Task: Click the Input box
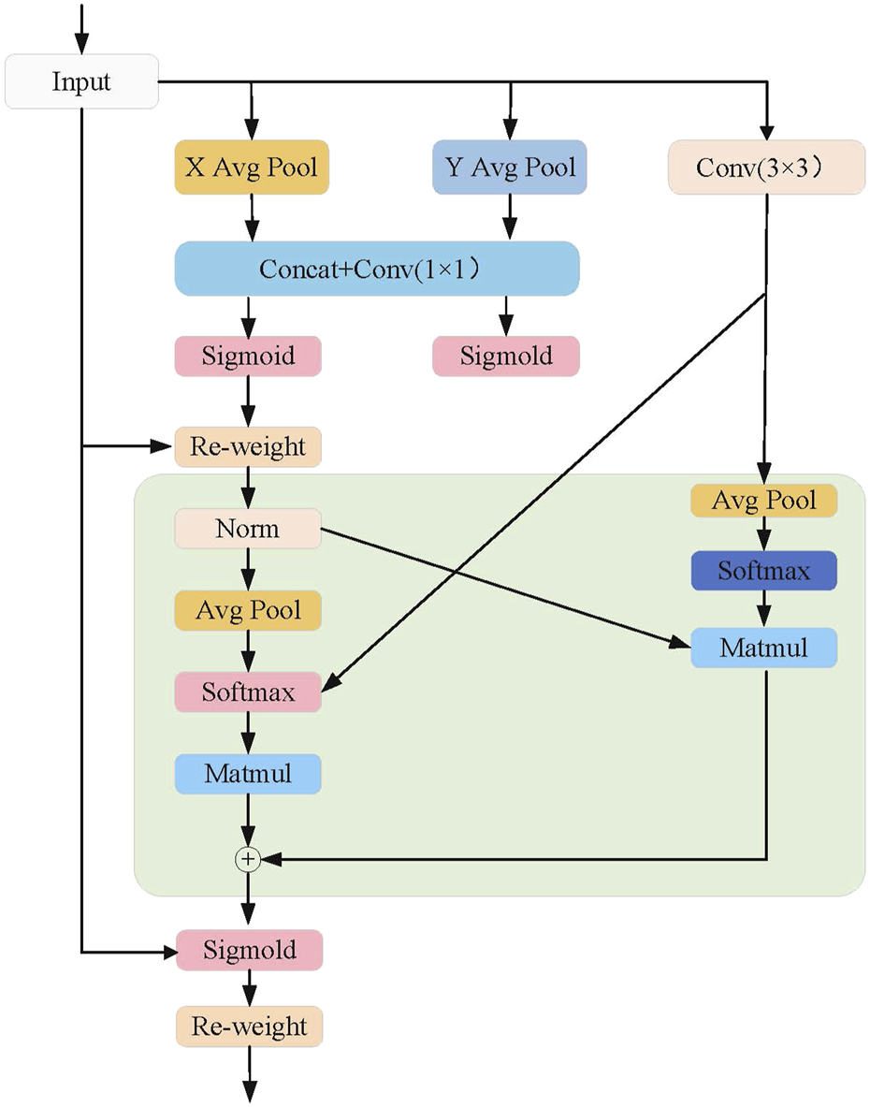pyautogui.click(x=81, y=81)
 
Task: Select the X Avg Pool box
pyautogui.click(x=251, y=168)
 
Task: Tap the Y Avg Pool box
pyautogui.click(x=509, y=168)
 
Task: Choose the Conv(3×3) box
pyautogui.click(x=766, y=168)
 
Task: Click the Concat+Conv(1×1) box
pyautogui.click(x=377, y=269)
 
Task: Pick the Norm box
pyautogui.click(x=248, y=529)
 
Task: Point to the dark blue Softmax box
pyautogui.click(x=763, y=571)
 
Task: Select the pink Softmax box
pyautogui.click(x=248, y=692)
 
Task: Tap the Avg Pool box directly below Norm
pyautogui.click(x=248, y=611)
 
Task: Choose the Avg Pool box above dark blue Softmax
pyautogui.click(x=763, y=501)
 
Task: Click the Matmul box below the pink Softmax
pyautogui.click(x=248, y=774)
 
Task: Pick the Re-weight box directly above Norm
pyautogui.click(x=248, y=447)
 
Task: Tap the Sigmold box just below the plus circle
pyautogui.click(x=249, y=951)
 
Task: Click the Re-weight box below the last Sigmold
pyautogui.click(x=249, y=1027)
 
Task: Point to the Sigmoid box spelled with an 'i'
pyautogui.click(x=248, y=357)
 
